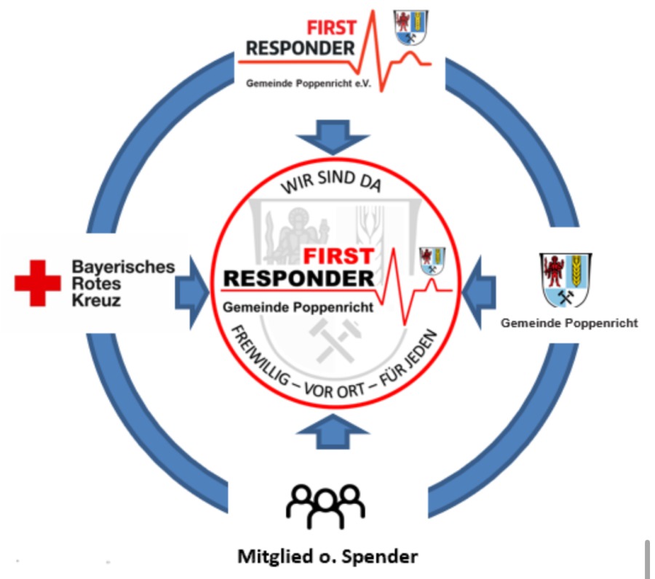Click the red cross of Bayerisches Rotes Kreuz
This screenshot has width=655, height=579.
(x=38, y=283)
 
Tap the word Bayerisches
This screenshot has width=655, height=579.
(x=123, y=266)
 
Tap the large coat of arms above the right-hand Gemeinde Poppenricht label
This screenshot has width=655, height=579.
(x=565, y=279)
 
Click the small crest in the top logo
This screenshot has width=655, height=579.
(x=411, y=28)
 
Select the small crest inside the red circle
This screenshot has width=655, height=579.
(x=432, y=260)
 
